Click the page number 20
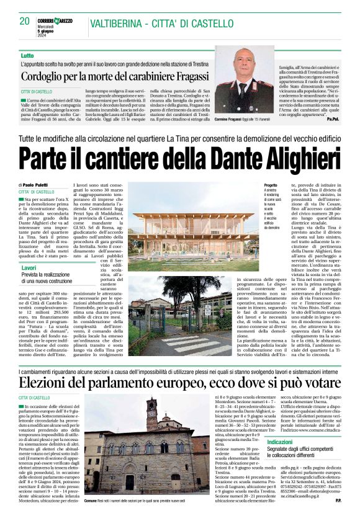[24, 21]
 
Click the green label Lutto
[27, 56]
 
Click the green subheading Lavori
[29, 267]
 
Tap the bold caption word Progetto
[270, 185]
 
